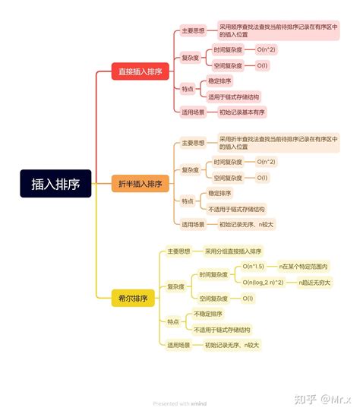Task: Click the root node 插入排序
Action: point(56,183)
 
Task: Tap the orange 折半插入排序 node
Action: point(141,184)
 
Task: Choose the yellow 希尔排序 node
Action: point(129,299)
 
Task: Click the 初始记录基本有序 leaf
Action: point(242,112)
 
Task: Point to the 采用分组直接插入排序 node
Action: point(232,251)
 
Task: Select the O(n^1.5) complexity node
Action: point(253,267)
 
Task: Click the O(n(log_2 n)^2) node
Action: point(263,283)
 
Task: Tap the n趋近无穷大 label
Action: point(314,283)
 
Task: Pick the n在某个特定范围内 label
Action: point(304,267)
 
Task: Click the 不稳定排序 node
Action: point(208,314)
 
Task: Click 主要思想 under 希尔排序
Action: point(179,251)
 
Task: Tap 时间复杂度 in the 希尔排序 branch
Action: point(214,274)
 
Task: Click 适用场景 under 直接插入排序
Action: point(193,112)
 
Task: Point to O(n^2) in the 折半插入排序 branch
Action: point(266,162)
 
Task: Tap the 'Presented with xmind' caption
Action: point(180,403)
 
